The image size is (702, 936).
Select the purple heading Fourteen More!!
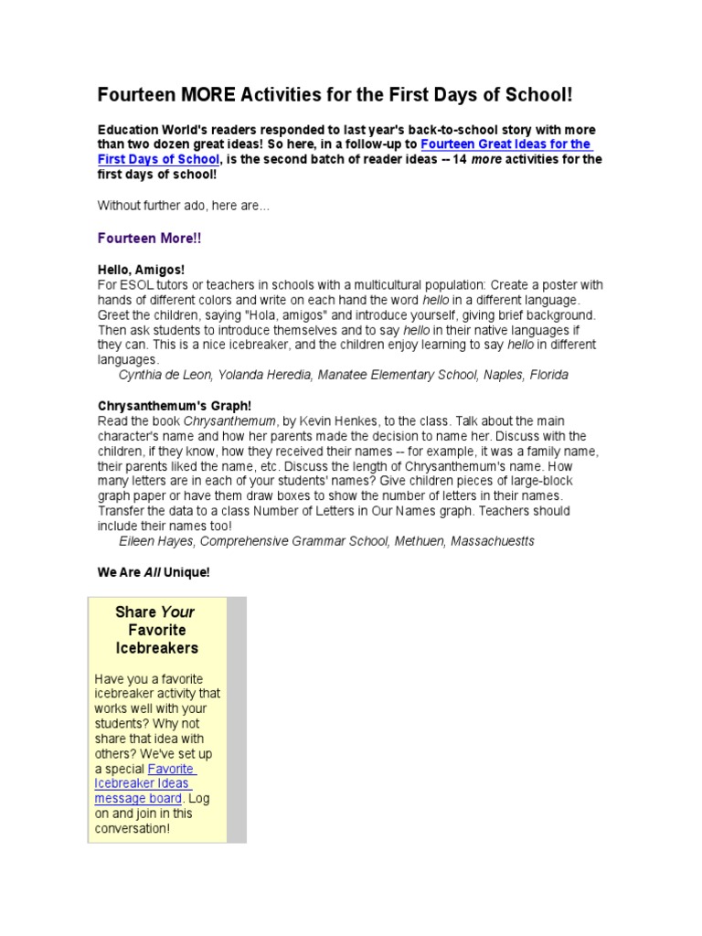(150, 239)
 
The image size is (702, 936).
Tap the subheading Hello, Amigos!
(142, 270)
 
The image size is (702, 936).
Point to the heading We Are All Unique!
(154, 572)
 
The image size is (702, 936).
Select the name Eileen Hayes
(156, 541)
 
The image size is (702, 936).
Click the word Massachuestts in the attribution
(489, 541)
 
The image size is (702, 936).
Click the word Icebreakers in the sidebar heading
(157, 648)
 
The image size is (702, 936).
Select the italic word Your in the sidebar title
(178, 612)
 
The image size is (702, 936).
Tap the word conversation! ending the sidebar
(133, 828)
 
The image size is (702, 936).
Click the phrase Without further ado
(149, 207)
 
